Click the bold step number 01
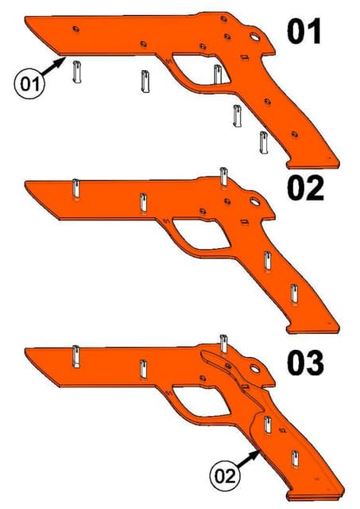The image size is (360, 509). (304, 33)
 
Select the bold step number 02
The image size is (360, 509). (305, 189)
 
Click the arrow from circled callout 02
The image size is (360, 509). (249, 458)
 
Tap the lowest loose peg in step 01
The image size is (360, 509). (263, 143)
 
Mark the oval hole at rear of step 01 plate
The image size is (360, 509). (256, 36)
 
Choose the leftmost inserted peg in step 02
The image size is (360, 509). (75, 191)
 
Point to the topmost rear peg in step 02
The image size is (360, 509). (225, 176)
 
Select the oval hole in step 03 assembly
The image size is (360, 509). (256, 369)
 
